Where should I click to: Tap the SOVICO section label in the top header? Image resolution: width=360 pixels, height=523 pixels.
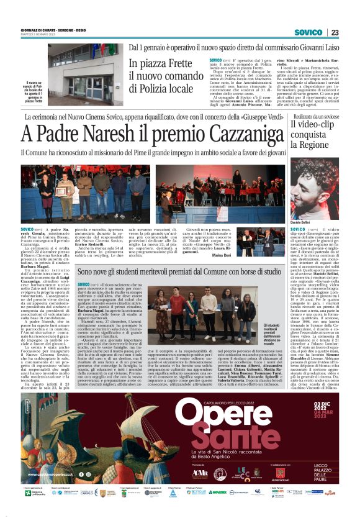coord(308,32)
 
